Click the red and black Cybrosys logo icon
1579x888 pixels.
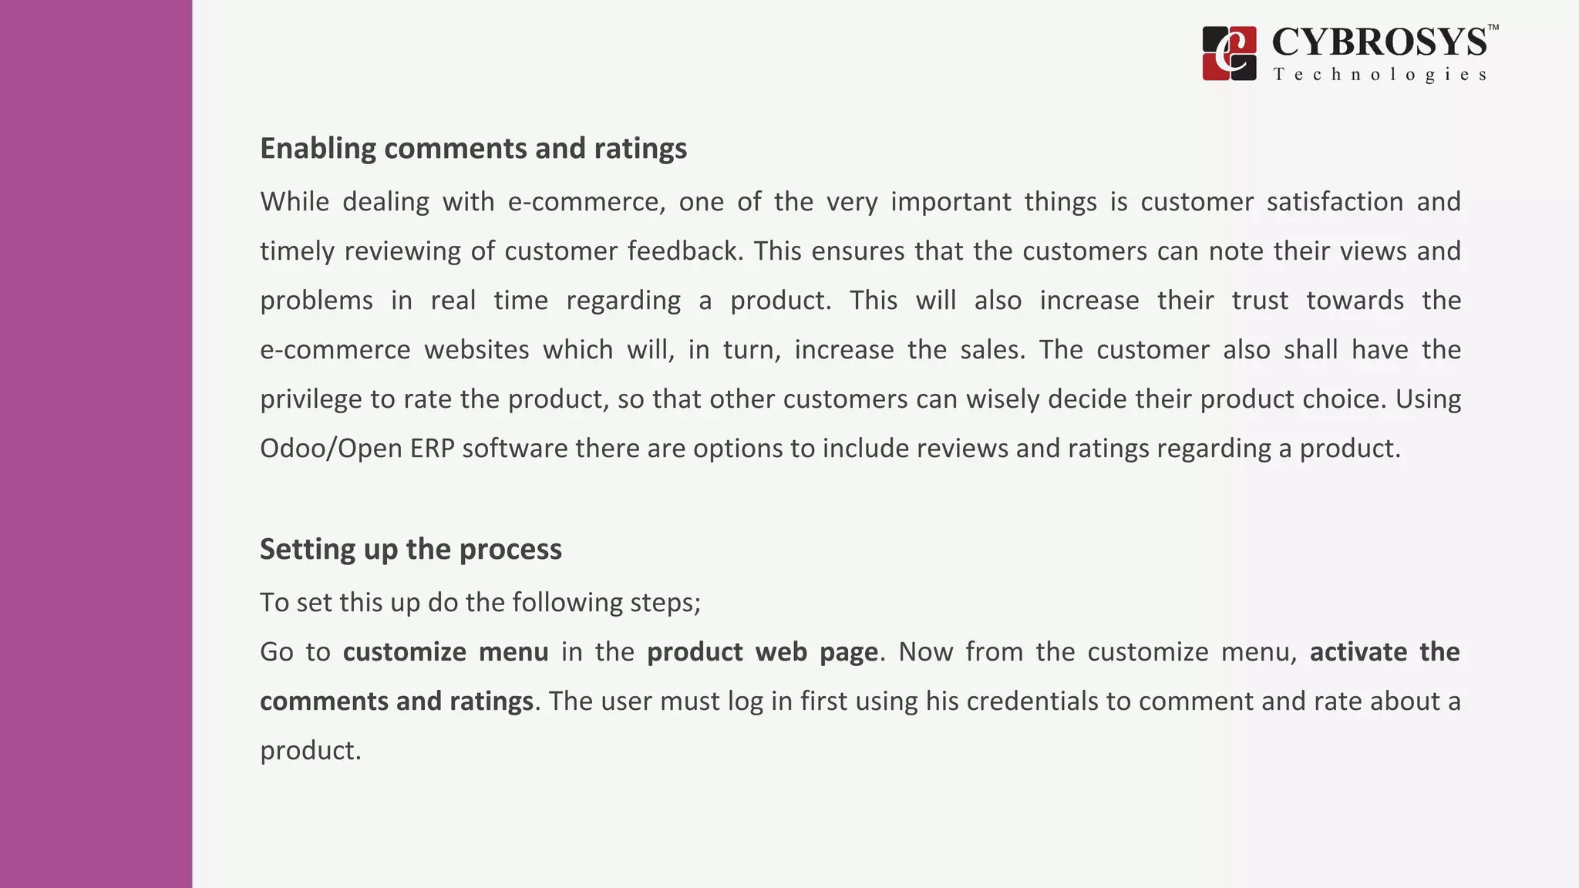[x=1229, y=53]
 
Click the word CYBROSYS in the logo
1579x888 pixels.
[x=1379, y=42]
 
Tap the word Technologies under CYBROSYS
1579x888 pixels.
[x=1379, y=75]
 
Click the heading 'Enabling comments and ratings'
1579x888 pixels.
[x=473, y=148]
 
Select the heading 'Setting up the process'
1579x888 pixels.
[x=410, y=549]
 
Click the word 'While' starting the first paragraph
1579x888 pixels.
[x=294, y=202]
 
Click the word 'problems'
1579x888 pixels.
[x=316, y=301]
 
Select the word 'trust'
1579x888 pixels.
[x=1260, y=301]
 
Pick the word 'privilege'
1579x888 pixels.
[x=311, y=399]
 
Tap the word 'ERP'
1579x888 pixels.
[x=432, y=449]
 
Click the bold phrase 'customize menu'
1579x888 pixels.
[x=446, y=652]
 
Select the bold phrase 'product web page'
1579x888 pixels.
[x=762, y=652]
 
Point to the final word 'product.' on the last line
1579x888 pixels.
[x=311, y=751]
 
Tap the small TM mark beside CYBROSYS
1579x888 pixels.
[x=1493, y=28]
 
